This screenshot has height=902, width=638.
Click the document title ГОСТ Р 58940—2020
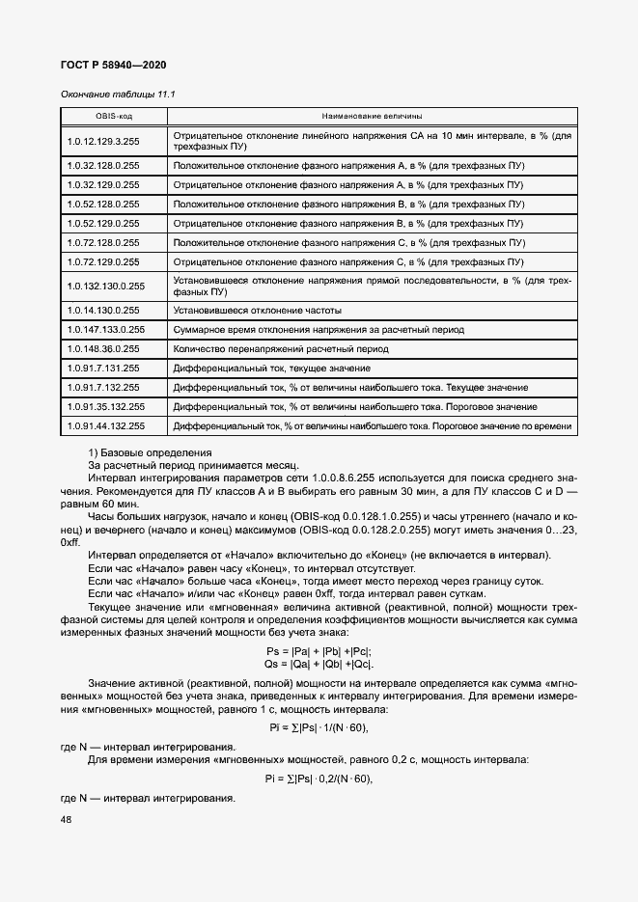point(113,64)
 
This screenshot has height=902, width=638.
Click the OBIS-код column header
point(113,116)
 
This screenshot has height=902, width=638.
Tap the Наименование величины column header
point(372,116)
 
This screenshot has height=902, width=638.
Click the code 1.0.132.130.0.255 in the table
point(106,286)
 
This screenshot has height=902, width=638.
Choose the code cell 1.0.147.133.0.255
point(106,329)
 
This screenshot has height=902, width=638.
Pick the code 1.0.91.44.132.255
point(106,425)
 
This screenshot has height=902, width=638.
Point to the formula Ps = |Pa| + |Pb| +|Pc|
point(319,652)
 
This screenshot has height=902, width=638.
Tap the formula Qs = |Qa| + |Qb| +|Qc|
point(319,665)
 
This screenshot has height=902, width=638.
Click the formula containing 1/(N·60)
point(318,727)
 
